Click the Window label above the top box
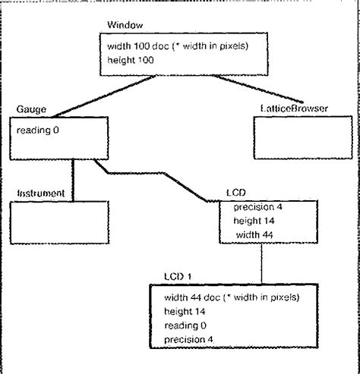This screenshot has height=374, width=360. pyautogui.click(x=119, y=26)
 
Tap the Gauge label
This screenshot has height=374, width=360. pyautogui.click(x=29, y=109)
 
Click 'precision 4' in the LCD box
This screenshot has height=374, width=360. pyautogui.click(x=257, y=207)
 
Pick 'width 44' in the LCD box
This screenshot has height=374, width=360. pyautogui.click(x=254, y=235)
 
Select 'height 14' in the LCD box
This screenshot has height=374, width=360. pyautogui.click(x=254, y=221)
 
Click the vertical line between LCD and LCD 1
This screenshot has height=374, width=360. pyautogui.click(x=261, y=262)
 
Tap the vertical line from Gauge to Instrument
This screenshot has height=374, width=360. pyautogui.click(x=72, y=174)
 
